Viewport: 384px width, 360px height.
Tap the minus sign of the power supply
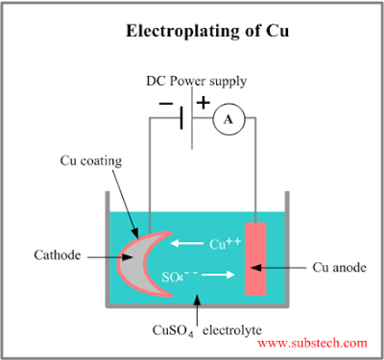pyautogui.click(x=166, y=104)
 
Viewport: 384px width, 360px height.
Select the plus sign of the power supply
pyautogui.click(x=204, y=103)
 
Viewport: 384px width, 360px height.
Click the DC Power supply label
pyautogui.click(x=197, y=82)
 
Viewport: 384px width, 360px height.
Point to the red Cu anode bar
pyautogui.click(x=255, y=258)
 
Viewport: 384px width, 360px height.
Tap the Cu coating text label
pyautogui.click(x=91, y=161)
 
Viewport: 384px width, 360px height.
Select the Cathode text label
pyautogui.click(x=58, y=255)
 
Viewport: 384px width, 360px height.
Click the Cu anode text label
pyautogui.click(x=339, y=267)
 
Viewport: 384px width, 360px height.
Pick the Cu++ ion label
pyautogui.click(x=226, y=244)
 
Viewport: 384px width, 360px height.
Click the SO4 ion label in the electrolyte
pyautogui.click(x=180, y=276)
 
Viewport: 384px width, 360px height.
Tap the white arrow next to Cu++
pyautogui.click(x=187, y=244)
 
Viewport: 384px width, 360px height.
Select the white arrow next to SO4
pyautogui.click(x=219, y=275)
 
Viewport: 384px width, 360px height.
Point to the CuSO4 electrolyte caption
pyautogui.click(x=207, y=330)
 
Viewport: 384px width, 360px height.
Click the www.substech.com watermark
pyautogui.click(x=312, y=343)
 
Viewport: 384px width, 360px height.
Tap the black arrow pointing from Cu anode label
pyautogui.click(x=278, y=268)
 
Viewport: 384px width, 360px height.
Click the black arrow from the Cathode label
pyautogui.click(x=110, y=257)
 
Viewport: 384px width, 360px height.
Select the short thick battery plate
pyautogui.click(x=181, y=118)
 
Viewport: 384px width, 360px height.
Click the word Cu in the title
pyautogui.click(x=277, y=31)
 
